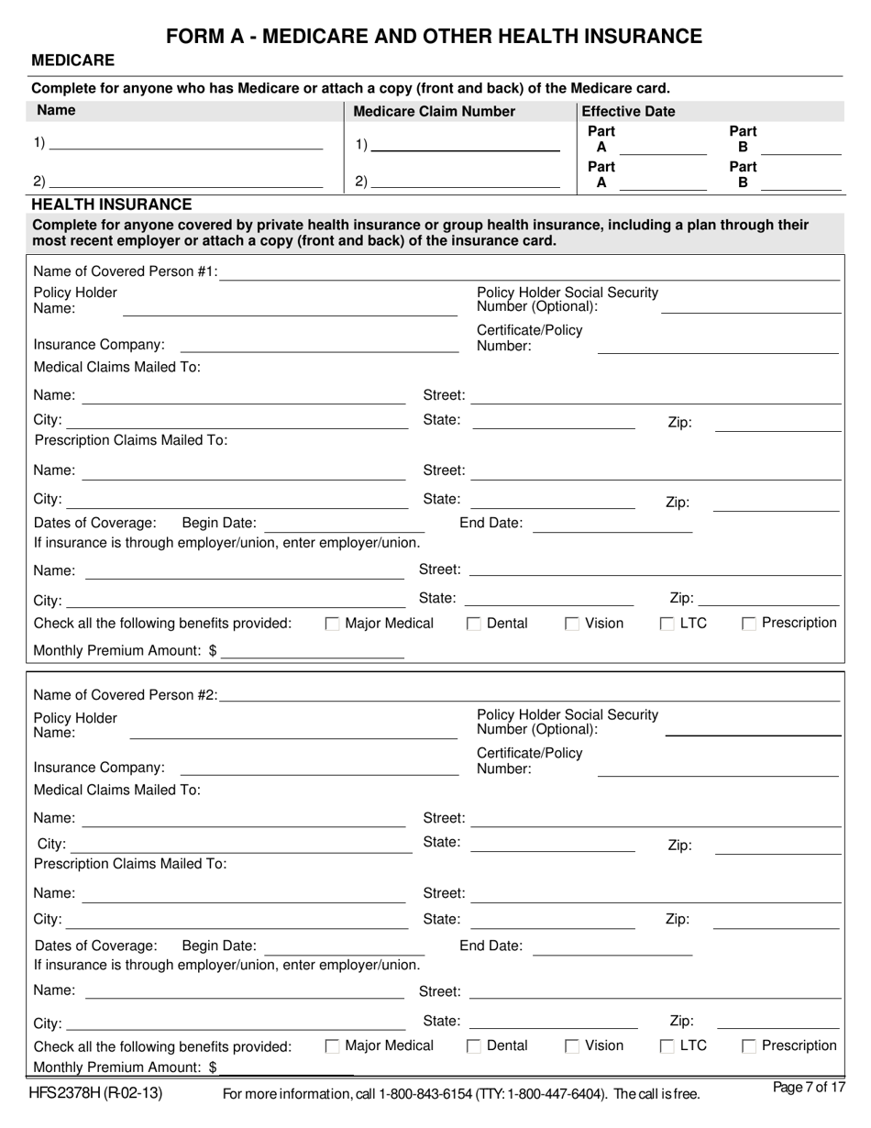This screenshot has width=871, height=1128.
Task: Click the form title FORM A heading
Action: point(434,37)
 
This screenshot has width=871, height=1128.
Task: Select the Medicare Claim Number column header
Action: point(434,112)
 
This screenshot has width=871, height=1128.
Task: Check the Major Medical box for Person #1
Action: point(333,625)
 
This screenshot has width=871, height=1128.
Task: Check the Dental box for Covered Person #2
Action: point(474,1046)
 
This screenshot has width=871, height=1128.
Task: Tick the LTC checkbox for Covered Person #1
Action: point(667,625)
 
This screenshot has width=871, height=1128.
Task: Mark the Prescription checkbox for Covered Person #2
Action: point(748,1046)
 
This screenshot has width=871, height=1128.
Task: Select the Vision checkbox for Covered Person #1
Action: point(572,625)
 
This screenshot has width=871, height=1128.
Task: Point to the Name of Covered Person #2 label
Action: point(126,695)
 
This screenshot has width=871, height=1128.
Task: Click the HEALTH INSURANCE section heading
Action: point(112,205)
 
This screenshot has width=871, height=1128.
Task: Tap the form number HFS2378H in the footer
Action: point(96,1093)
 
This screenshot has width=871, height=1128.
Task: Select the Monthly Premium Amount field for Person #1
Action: point(313,651)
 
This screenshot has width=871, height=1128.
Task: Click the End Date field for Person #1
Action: point(612,524)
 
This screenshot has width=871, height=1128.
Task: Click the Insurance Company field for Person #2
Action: point(319,768)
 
